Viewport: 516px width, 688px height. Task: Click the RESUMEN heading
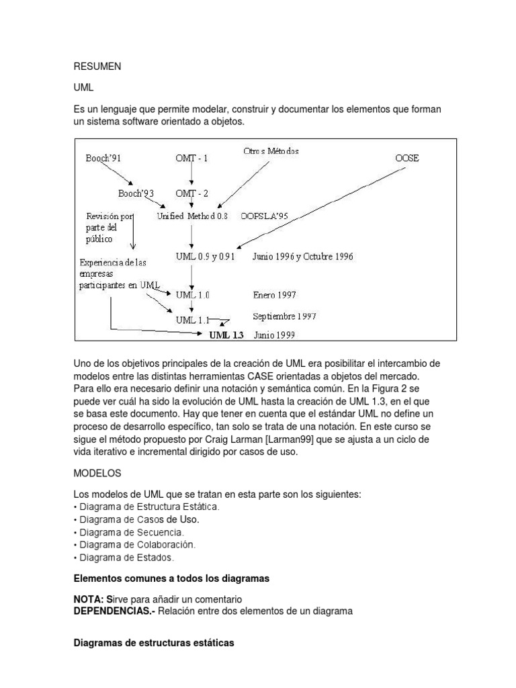point(98,67)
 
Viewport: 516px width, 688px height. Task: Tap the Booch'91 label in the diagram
point(103,159)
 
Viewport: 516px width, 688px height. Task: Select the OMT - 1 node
point(191,159)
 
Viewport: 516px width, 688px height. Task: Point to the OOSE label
point(406,159)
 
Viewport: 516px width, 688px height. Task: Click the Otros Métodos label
point(271,151)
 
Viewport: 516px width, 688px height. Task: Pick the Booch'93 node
point(136,193)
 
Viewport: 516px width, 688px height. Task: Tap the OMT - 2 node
point(191,193)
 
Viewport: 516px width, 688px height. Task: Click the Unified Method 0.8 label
point(192,216)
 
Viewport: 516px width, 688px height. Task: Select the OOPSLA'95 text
point(263,216)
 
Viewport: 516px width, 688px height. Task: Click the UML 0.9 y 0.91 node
point(205,257)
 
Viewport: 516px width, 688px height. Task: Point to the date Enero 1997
point(274,294)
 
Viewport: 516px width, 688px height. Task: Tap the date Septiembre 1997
point(284,316)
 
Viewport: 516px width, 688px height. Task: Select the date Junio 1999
point(273,335)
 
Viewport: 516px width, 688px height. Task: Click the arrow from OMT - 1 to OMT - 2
point(191,175)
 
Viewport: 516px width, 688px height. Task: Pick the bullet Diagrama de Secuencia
point(131,532)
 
